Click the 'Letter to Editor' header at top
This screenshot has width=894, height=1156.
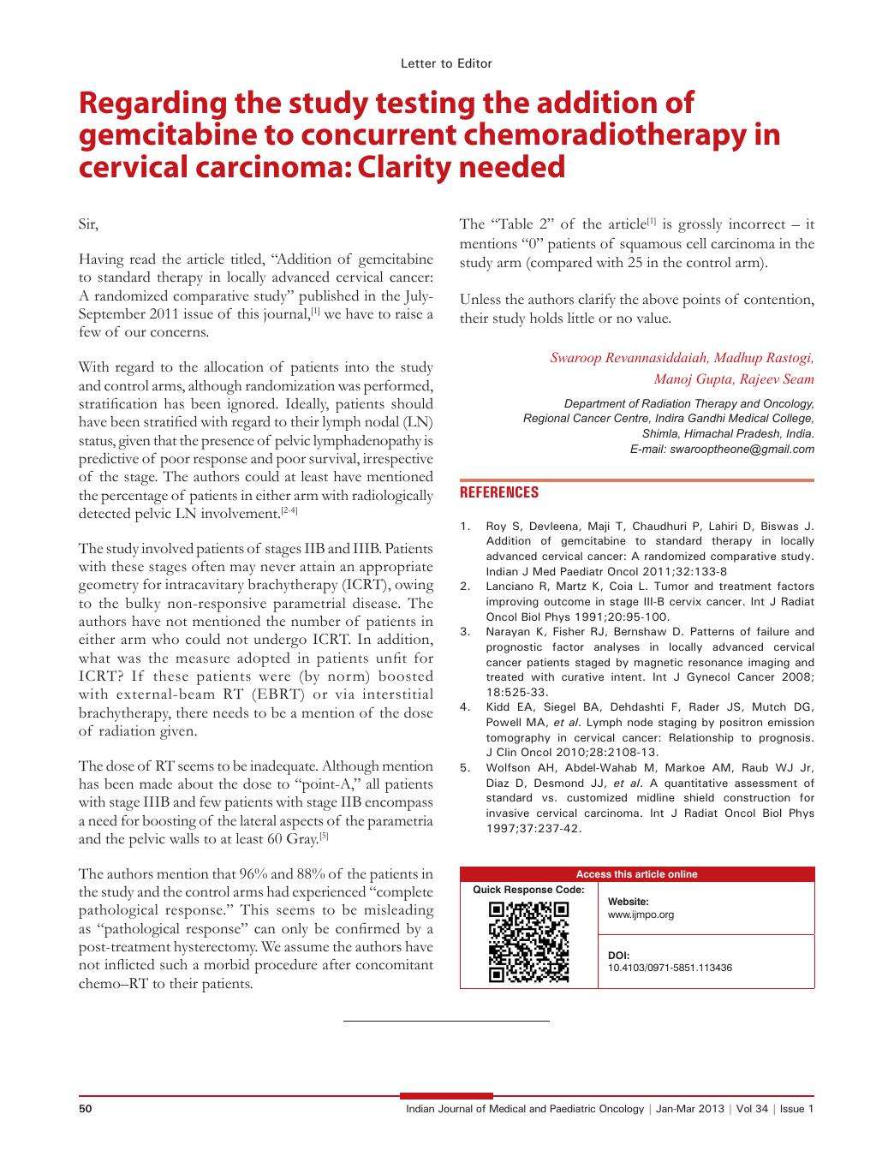[446, 63]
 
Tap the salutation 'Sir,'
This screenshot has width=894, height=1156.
[88, 224]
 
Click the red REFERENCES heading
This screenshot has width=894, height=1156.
[499, 492]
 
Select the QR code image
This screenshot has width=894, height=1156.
[528, 941]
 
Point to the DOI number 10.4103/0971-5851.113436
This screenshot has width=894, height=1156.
[670, 968]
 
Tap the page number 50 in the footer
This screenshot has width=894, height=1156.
[85, 1109]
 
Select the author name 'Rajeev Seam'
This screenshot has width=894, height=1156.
[778, 379]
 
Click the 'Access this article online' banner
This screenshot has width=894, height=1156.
[636, 874]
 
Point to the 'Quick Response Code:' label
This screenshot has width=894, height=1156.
[529, 890]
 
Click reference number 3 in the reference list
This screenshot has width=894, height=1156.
[465, 632]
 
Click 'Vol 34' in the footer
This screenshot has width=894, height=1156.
[751, 1109]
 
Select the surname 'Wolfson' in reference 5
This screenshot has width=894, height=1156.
[509, 767]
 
